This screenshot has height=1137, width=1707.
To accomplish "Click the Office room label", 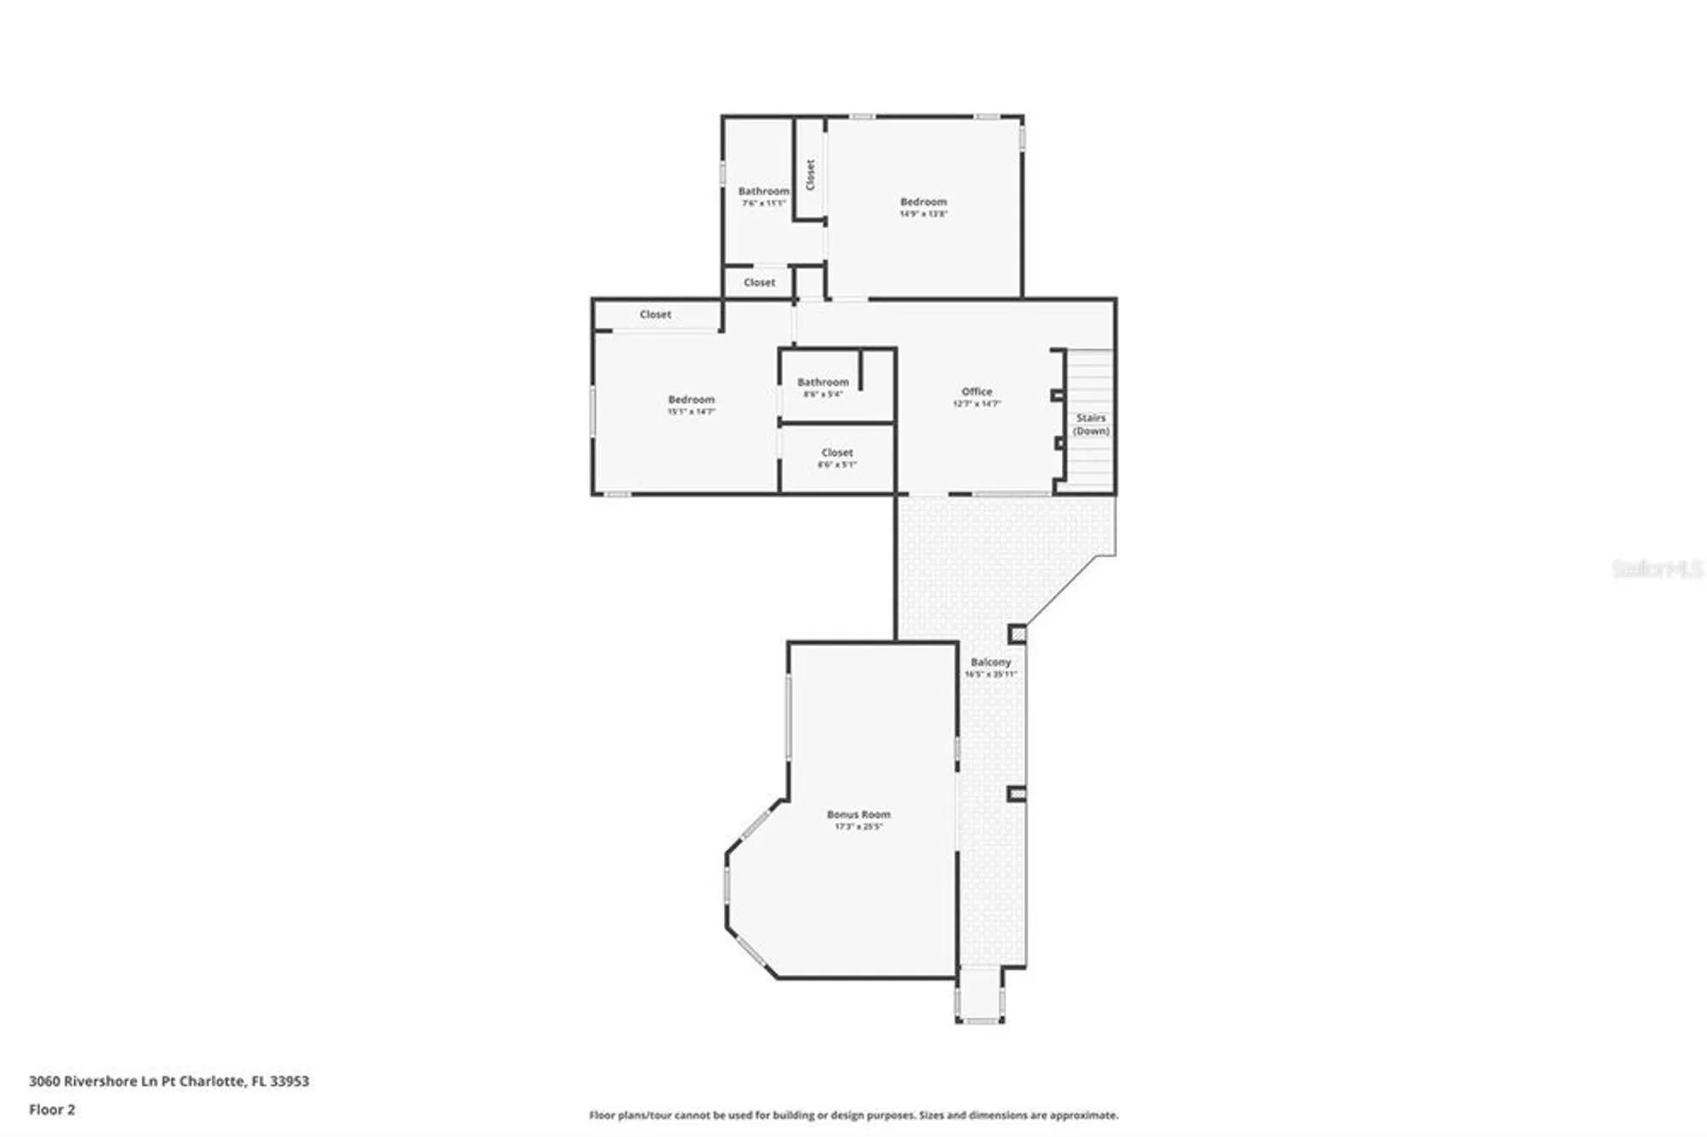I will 976,392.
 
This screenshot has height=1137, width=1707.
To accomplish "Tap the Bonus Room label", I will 858,814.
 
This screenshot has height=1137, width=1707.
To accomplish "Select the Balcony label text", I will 990,662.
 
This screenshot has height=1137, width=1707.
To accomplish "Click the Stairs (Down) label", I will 1091,424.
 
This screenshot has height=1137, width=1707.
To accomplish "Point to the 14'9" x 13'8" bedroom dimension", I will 923,214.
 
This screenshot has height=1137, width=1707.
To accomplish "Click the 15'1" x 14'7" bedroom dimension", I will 691,411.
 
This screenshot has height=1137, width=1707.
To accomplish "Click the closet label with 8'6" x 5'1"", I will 836,458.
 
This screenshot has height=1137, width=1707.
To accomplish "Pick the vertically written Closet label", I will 810,175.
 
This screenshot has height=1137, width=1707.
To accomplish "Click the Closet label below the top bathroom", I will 759,283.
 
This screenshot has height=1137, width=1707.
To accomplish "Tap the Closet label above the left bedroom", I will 655,315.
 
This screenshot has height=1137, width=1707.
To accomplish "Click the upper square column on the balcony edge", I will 1017,634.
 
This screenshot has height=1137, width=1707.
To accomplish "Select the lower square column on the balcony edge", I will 1017,794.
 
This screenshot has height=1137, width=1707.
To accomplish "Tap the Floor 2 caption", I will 52,1110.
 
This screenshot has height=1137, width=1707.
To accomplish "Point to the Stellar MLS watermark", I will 1656,568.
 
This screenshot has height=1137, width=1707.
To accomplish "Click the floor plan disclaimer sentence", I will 853,1115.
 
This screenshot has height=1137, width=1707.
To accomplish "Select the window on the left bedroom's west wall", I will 593,412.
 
